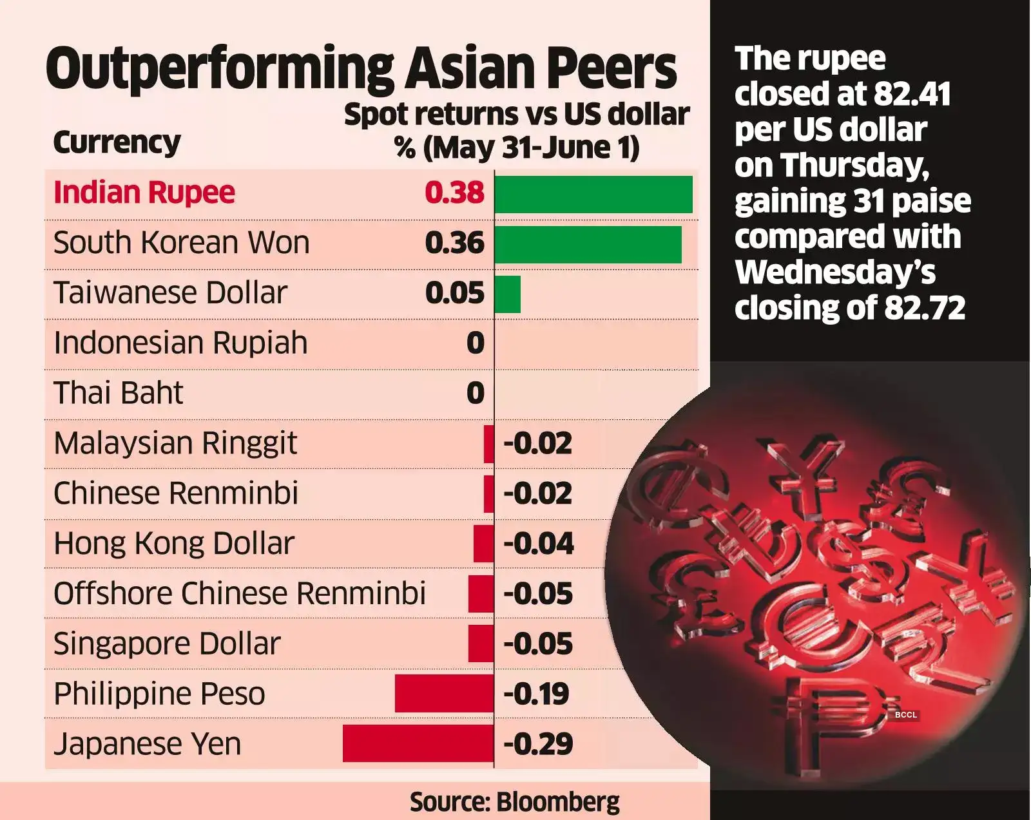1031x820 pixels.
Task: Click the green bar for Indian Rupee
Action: (593, 194)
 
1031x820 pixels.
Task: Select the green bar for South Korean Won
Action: (588, 244)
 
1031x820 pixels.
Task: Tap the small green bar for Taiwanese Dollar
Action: (508, 294)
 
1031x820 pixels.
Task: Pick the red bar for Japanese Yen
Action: (418, 743)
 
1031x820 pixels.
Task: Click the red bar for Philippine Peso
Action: (444, 694)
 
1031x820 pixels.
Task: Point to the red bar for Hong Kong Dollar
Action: (483, 544)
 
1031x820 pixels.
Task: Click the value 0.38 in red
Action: (454, 193)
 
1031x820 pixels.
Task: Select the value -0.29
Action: (537, 744)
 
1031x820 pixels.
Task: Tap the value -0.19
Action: (536, 694)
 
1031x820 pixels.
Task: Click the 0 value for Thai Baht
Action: (475, 393)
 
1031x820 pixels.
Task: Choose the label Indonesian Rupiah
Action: (180, 343)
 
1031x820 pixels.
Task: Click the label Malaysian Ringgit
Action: (175, 443)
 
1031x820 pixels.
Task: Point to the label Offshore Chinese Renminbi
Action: (240, 593)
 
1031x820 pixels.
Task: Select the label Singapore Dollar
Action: (167, 644)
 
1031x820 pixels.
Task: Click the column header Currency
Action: (117, 142)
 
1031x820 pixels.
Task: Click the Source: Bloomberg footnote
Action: (514, 802)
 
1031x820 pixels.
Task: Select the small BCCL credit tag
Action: (905, 715)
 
